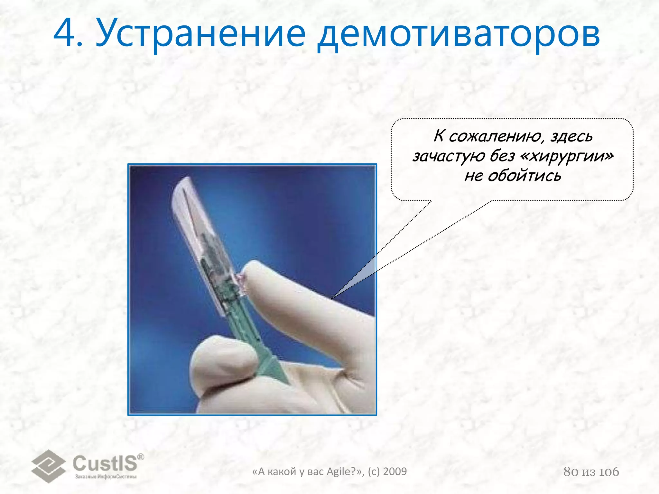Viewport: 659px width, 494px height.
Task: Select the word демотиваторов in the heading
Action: coord(458,35)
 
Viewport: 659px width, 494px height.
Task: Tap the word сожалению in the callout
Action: coord(495,136)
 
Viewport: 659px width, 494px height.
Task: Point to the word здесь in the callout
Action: coord(571,136)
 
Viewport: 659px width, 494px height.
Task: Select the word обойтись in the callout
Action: coord(524,176)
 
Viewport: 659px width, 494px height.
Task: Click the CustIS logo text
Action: coord(105,463)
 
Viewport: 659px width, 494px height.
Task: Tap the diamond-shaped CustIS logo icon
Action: coord(48,466)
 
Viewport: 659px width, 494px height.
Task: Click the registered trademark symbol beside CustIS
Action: coord(141,457)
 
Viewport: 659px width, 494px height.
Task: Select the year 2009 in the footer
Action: coord(395,471)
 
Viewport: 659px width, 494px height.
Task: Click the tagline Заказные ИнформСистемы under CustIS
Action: coord(106,477)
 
